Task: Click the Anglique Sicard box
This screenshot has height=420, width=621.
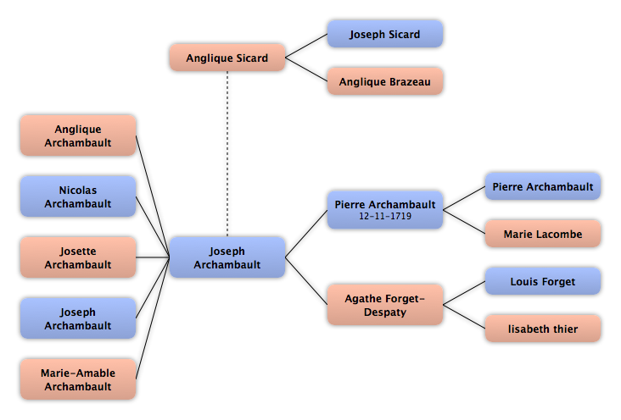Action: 227,58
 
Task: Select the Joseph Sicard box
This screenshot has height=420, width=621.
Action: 385,34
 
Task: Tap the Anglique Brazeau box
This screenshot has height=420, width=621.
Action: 385,81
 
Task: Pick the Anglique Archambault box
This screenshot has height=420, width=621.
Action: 78,135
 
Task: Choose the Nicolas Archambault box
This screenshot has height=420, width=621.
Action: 78,196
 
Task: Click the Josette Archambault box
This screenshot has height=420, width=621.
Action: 78,257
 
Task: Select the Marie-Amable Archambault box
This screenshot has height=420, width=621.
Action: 78,379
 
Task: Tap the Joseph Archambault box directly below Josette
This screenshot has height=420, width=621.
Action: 78,318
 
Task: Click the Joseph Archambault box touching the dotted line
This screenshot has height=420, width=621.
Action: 227,257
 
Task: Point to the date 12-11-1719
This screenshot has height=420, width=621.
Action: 385,216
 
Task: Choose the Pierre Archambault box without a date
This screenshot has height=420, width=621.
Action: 543,186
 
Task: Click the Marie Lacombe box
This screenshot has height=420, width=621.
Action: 543,234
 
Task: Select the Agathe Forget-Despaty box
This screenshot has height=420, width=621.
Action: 385,305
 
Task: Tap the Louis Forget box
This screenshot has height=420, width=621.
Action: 543,281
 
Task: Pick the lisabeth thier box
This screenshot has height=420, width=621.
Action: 543,329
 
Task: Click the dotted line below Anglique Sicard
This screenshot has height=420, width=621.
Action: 227,154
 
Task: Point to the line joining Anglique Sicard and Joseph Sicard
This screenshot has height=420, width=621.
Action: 306,46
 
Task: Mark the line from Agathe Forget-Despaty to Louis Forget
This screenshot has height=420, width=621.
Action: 464,293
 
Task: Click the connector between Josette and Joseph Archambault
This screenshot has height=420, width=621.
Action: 153,257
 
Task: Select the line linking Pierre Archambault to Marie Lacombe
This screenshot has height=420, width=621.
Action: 464,222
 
